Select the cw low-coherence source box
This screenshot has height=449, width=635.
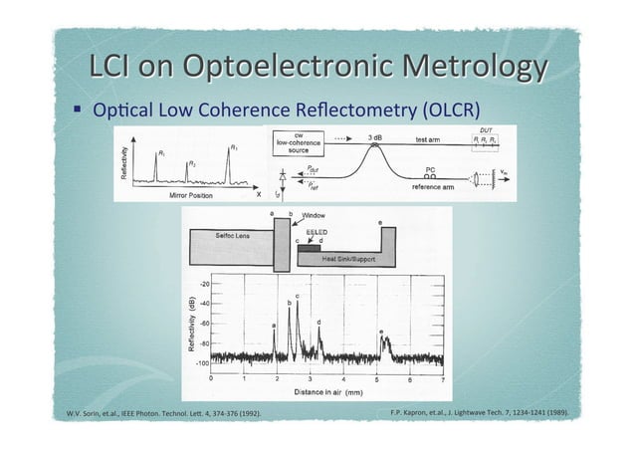[x=299, y=144]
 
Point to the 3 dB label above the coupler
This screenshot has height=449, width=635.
[x=377, y=136]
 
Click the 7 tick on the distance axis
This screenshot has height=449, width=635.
[x=442, y=378]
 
